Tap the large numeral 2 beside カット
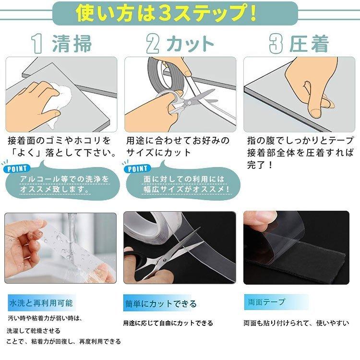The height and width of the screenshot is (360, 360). click(x=153, y=44)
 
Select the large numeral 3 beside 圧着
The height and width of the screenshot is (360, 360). click(x=275, y=44)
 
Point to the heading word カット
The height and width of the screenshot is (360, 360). click(x=190, y=44)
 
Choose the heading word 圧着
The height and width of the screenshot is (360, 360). click(x=309, y=44)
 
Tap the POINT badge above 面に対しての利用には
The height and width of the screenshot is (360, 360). click(x=138, y=169)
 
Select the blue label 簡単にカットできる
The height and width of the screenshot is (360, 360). click(x=160, y=304)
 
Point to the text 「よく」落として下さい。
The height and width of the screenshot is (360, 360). click(x=62, y=154)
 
